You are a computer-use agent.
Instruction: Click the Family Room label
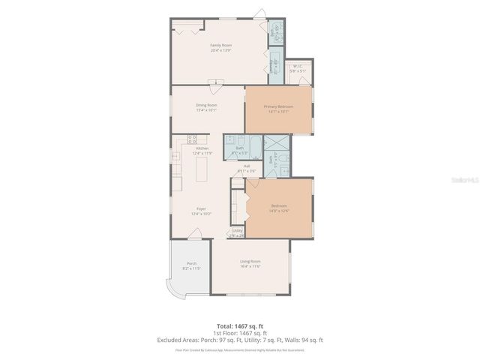[x=220, y=47]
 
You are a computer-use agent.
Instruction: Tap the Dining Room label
[x=206, y=107]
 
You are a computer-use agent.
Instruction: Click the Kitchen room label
[x=202, y=150]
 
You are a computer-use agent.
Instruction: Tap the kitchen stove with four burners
[x=192, y=138]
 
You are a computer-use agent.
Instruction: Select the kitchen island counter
[x=201, y=173]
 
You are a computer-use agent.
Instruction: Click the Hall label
[x=246, y=168]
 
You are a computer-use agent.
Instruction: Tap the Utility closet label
[x=237, y=232]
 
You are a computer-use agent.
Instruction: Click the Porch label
[x=191, y=265]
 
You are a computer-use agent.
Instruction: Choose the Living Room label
[x=250, y=263]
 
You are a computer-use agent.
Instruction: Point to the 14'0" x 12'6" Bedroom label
[x=278, y=208]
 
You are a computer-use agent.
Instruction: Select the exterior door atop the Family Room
[x=259, y=13]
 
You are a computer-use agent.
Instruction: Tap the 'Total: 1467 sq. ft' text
[x=240, y=326]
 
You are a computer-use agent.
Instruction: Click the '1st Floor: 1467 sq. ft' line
[x=240, y=333]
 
